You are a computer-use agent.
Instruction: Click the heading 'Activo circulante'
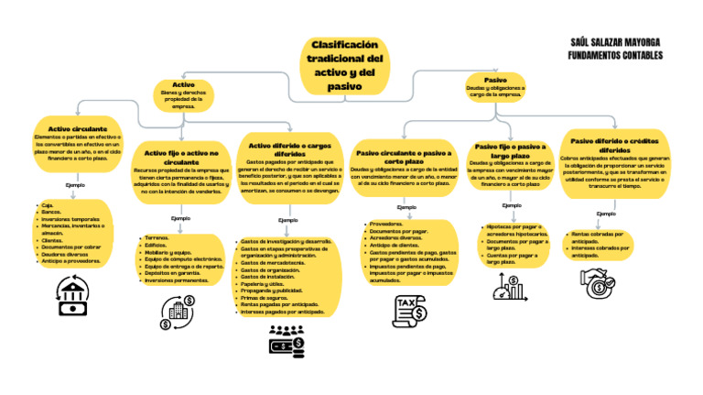(x=78, y=129)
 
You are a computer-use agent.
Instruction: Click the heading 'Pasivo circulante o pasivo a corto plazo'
(x=404, y=156)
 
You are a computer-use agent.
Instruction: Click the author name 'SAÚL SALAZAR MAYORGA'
(x=615, y=44)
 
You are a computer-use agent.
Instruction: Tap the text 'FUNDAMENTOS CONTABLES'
(x=615, y=56)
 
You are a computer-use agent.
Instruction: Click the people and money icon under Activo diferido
(x=287, y=339)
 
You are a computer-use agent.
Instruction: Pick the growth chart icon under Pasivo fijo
(x=508, y=289)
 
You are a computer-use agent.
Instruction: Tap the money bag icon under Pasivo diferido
(x=600, y=283)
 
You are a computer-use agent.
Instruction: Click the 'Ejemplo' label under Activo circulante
(x=75, y=185)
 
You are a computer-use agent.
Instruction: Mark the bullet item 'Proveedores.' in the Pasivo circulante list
(x=387, y=224)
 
